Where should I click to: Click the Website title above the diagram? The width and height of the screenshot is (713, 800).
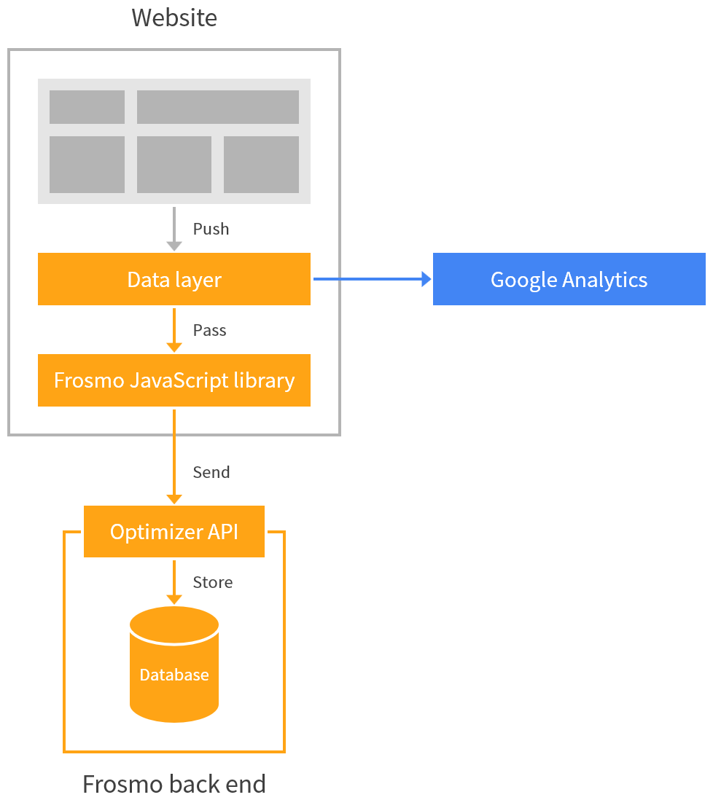tap(174, 17)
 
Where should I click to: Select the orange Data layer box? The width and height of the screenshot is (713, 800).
tap(174, 279)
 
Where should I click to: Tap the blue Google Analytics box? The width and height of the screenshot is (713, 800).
tap(569, 279)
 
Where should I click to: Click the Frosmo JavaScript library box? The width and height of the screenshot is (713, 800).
tap(174, 380)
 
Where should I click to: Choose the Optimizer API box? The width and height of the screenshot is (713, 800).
tap(174, 532)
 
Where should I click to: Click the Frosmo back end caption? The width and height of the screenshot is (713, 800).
tap(174, 784)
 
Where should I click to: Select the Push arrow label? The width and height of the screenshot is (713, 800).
tap(211, 229)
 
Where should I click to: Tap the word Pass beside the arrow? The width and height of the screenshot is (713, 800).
tap(209, 330)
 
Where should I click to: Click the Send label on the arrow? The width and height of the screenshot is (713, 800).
tap(211, 472)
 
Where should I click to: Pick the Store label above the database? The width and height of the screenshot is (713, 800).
tap(212, 582)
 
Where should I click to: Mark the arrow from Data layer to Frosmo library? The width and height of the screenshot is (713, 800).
tap(174, 329)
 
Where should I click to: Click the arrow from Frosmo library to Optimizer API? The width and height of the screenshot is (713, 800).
tap(174, 456)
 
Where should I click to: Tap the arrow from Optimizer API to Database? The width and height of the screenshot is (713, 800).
tap(174, 581)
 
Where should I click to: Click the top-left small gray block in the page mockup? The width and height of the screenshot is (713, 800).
tap(87, 107)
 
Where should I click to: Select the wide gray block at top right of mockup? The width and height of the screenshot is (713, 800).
tap(218, 107)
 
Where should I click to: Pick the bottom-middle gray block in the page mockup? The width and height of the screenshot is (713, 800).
tap(174, 165)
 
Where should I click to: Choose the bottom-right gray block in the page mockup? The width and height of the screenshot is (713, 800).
tap(261, 165)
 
